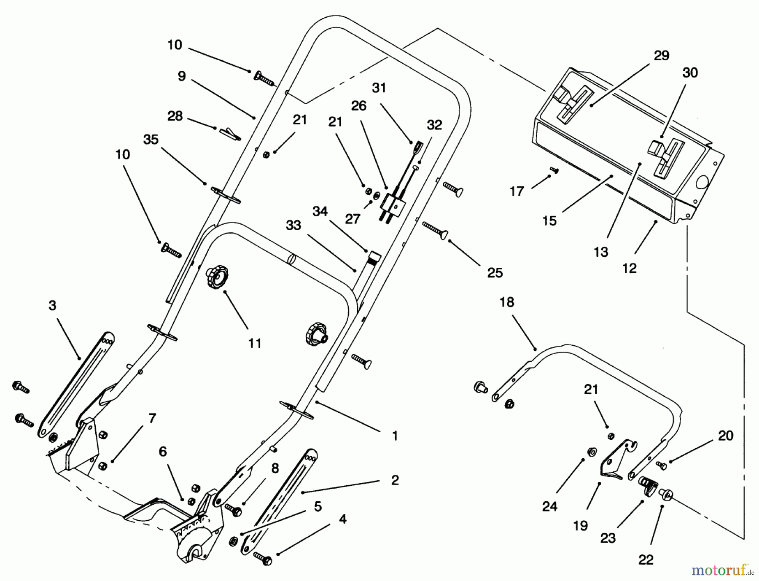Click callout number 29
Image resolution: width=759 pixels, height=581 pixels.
tap(661, 56)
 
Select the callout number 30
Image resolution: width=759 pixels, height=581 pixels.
tap(690, 73)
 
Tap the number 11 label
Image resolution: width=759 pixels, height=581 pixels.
tap(255, 344)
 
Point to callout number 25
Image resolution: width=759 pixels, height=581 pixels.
tap(495, 273)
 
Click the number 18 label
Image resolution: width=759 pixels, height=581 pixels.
tap(507, 302)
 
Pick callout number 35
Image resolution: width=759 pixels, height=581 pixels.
tap(151, 140)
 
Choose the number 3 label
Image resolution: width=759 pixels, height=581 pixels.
tap(52, 305)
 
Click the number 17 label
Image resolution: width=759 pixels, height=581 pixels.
tap(517, 191)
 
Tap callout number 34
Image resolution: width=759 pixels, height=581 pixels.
tap(320, 211)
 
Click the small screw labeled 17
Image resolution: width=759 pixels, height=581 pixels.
tap(554, 169)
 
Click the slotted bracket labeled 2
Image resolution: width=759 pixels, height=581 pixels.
tap(278, 502)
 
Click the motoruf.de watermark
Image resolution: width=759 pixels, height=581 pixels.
tap(722, 571)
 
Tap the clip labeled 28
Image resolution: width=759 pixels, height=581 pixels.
tap(230, 133)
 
